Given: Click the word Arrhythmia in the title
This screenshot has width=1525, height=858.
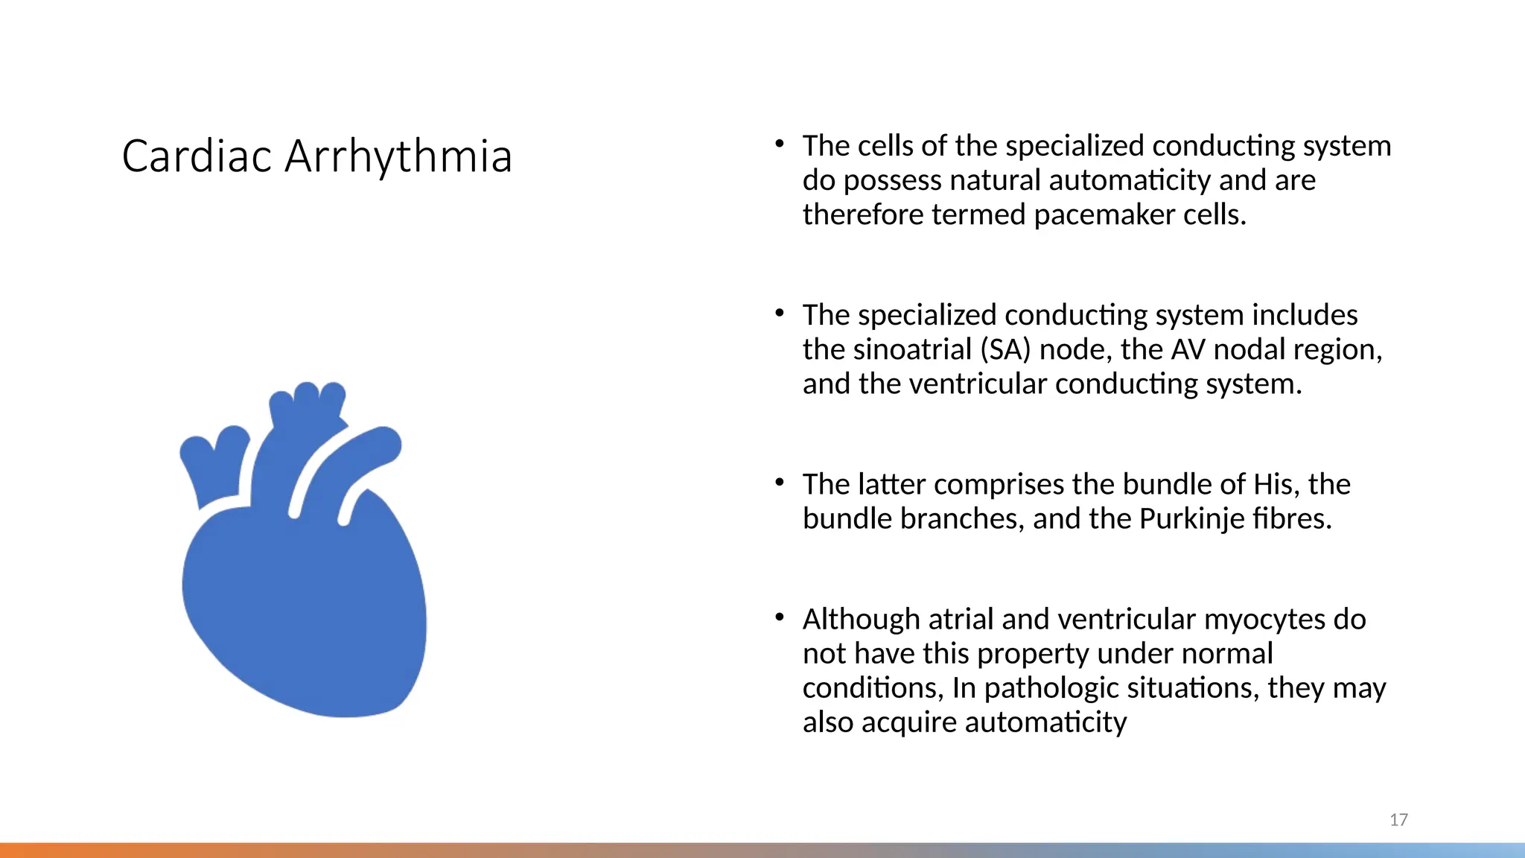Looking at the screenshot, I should [398, 158].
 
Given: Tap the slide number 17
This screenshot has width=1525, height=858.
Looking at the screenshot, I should [1398, 820].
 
